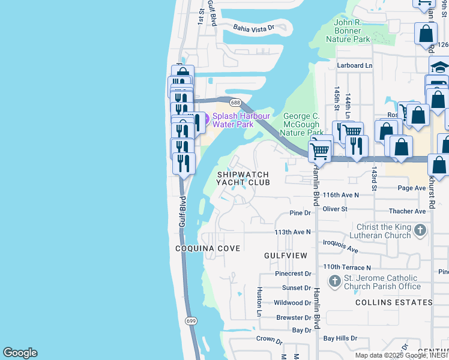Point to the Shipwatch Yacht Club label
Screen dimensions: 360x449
click(243, 178)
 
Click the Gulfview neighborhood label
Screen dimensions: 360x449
click(286, 256)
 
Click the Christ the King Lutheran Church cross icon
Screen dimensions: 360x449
click(421, 230)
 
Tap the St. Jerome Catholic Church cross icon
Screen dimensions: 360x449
click(335, 280)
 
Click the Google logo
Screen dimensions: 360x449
click(20, 353)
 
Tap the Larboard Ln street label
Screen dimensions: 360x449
click(354, 65)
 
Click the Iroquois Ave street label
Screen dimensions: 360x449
click(340, 246)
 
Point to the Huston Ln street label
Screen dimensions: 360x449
click(259, 301)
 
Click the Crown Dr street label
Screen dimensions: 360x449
click(270, 340)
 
